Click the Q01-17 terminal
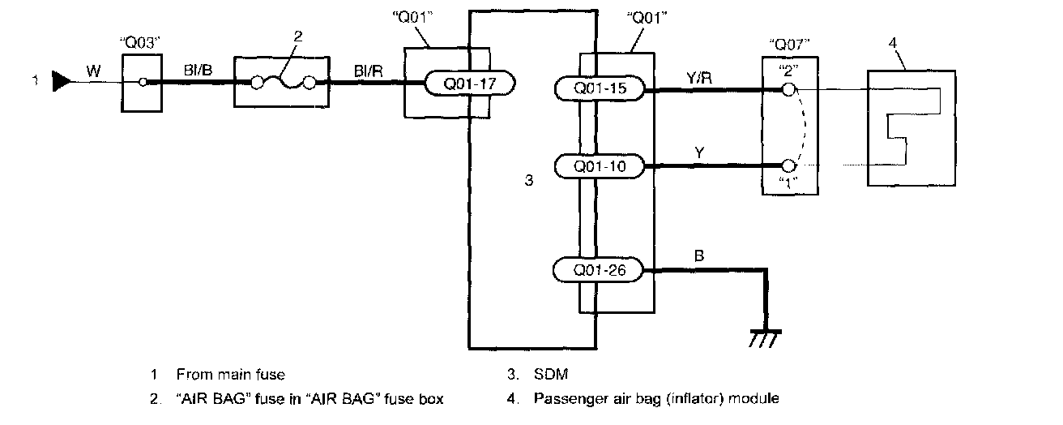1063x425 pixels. click(469, 83)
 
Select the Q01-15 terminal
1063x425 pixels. click(600, 88)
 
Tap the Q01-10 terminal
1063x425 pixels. click(600, 166)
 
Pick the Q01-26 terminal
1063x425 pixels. click(599, 270)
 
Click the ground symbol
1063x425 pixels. click(764, 338)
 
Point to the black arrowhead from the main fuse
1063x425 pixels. click(61, 81)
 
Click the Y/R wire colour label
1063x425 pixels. click(699, 77)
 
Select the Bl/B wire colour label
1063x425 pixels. click(198, 71)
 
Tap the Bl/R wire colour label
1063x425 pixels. click(369, 71)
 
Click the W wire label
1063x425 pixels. click(93, 71)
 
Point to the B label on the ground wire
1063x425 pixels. click(699, 256)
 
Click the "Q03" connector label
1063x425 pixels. click(140, 43)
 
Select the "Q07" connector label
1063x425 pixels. click(789, 45)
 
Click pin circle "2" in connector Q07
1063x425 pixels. click(788, 88)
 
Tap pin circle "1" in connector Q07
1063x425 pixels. click(788, 165)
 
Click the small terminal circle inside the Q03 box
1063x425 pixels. click(143, 82)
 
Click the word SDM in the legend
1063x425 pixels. click(551, 374)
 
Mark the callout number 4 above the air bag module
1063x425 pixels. click(893, 43)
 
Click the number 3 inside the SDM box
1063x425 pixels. click(528, 180)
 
